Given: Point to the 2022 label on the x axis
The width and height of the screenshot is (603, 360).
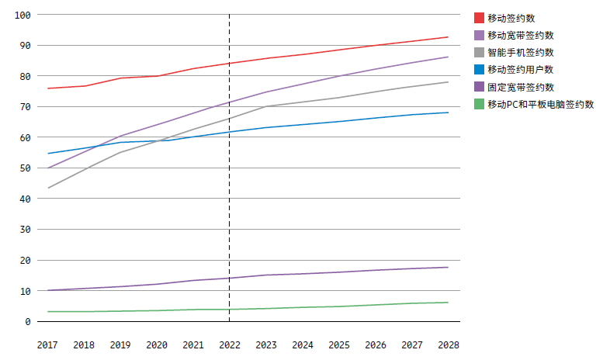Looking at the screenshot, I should [x=229, y=344].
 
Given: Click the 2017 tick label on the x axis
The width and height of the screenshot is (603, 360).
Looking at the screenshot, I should [x=47, y=344].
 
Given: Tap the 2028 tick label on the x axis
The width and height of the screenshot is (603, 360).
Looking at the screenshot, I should [x=448, y=344].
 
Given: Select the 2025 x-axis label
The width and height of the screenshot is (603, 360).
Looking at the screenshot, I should [x=338, y=344].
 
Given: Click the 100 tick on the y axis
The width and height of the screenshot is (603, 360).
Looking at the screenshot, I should [x=23, y=15].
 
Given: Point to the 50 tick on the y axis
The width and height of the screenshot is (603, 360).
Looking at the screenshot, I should [x=25, y=168].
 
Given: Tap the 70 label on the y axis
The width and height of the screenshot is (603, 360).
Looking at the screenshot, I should [x=25, y=107].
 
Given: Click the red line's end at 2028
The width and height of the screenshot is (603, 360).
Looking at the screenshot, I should [x=448, y=37].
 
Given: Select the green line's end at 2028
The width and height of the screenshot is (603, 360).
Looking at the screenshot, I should [x=448, y=303].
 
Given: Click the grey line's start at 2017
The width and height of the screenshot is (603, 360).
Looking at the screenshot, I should [x=47, y=188].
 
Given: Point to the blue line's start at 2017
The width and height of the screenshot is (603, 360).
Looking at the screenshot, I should [x=47, y=154].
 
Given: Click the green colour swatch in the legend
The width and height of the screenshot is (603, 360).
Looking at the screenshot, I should [x=480, y=104].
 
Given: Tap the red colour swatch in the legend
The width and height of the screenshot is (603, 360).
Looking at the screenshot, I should [x=480, y=18].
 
